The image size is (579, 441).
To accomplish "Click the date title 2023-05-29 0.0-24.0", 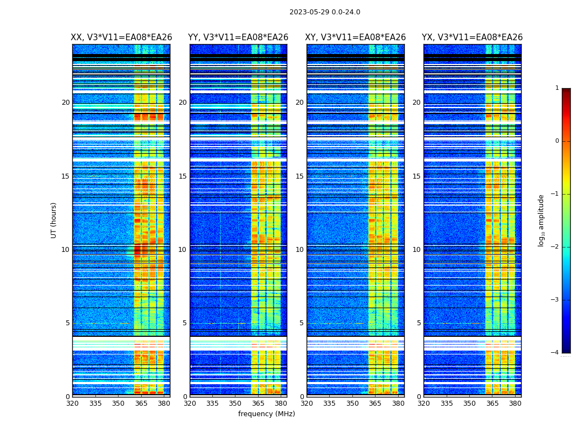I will point(325,12).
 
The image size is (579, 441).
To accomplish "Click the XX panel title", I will point(121,37).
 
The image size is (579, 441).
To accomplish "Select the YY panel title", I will point(238,37).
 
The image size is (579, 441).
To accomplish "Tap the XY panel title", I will point(356,37).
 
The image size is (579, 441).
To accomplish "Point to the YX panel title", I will point(472,37).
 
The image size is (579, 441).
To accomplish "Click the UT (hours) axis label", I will point(54,220).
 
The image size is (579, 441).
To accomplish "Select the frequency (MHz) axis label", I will point(266,414).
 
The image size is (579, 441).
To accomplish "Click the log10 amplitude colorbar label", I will point(542,220).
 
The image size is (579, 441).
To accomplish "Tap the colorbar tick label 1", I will point(557,88).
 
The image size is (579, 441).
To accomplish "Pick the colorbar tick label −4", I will point(555,353).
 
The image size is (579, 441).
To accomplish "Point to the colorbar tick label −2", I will point(555,247).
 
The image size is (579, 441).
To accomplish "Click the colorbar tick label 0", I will point(557,141).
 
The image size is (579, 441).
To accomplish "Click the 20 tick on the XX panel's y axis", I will point(66,103).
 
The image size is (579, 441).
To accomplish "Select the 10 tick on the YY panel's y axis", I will point(183,250).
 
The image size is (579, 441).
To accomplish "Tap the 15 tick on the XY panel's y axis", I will point(299,176).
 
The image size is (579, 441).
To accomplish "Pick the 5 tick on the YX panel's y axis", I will point(419,323).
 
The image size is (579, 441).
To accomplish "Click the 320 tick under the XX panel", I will point(72,403).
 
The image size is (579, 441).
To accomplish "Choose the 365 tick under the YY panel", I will point(258,403).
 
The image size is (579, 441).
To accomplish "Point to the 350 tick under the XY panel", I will point(352,403).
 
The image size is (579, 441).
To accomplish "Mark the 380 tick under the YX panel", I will point(515,403).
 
